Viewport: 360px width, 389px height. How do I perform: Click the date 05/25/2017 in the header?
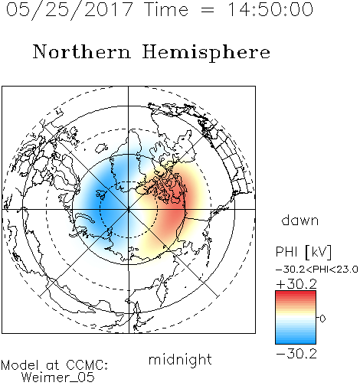pyautogui.click(x=70, y=10)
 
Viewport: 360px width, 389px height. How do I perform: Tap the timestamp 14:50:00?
pyautogui.click(x=270, y=9)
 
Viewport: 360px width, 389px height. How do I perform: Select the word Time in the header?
pyautogui.click(x=166, y=9)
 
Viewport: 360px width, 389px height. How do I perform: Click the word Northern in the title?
pyautogui.click(x=82, y=51)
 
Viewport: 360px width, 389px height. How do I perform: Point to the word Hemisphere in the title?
pyautogui.click(x=206, y=53)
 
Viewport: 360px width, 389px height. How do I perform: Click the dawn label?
pyautogui.click(x=299, y=220)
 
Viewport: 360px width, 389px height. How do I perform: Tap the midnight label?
pyautogui.click(x=180, y=359)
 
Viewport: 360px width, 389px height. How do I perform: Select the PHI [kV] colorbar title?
pyautogui.click(x=303, y=252)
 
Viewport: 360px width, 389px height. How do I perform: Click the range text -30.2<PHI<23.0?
pyautogui.click(x=317, y=270)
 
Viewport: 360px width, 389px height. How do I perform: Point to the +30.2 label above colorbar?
pyautogui.click(x=296, y=284)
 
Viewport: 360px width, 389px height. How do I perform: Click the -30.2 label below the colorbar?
pyautogui.click(x=296, y=354)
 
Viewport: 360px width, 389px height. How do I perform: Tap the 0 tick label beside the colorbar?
pyautogui.click(x=322, y=319)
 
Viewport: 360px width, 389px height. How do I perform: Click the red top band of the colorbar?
pyautogui.click(x=296, y=294)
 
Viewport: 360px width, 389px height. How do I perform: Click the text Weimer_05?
pyautogui.click(x=58, y=378)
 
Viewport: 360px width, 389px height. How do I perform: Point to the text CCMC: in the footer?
pyautogui.click(x=87, y=365)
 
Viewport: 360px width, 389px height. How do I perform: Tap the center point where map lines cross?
pyautogui.click(x=129, y=210)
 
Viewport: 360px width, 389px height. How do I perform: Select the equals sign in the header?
pyautogui.click(x=208, y=10)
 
